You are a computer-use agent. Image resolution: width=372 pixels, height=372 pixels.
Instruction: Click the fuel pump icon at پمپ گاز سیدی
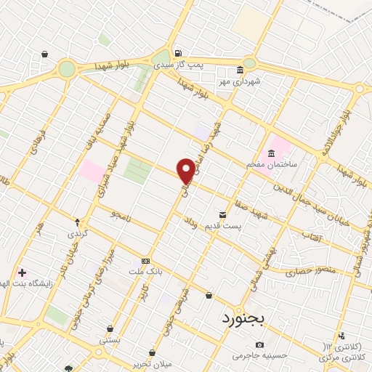(177, 53)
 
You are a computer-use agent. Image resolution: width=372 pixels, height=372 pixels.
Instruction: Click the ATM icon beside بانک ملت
(146, 261)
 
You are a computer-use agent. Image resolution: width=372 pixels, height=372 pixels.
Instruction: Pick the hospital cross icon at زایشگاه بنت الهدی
(23, 273)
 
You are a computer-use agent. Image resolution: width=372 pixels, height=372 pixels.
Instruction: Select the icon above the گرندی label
(77, 220)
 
